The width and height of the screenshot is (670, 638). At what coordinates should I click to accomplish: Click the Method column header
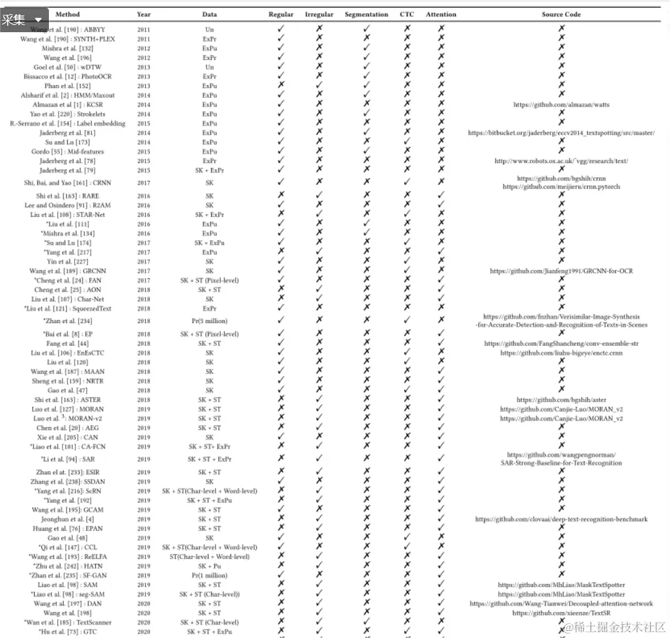(68, 14)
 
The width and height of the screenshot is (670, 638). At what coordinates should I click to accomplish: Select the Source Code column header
(561, 14)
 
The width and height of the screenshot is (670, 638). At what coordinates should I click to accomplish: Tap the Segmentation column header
(366, 14)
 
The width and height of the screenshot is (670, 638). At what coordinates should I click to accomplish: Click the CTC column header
(407, 14)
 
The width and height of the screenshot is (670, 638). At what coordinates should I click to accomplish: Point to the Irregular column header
(319, 14)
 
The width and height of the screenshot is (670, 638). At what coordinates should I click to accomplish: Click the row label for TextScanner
(68, 623)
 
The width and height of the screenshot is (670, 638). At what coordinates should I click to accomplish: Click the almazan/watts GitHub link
(561, 104)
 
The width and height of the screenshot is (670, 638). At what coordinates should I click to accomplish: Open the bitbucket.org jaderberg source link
(561, 133)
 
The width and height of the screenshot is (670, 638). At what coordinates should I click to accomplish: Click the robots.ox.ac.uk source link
(561, 161)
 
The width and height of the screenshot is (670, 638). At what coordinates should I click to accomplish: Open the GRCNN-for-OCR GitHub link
(561, 271)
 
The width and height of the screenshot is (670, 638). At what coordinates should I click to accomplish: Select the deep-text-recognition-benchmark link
(561, 519)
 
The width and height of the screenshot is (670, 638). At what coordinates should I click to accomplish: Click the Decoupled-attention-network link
(561, 604)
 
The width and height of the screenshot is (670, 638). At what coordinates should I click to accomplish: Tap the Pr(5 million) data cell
(209, 321)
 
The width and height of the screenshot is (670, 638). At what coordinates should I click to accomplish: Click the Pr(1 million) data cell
(209, 576)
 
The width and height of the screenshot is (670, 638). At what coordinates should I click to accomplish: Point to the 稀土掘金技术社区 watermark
(615, 627)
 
